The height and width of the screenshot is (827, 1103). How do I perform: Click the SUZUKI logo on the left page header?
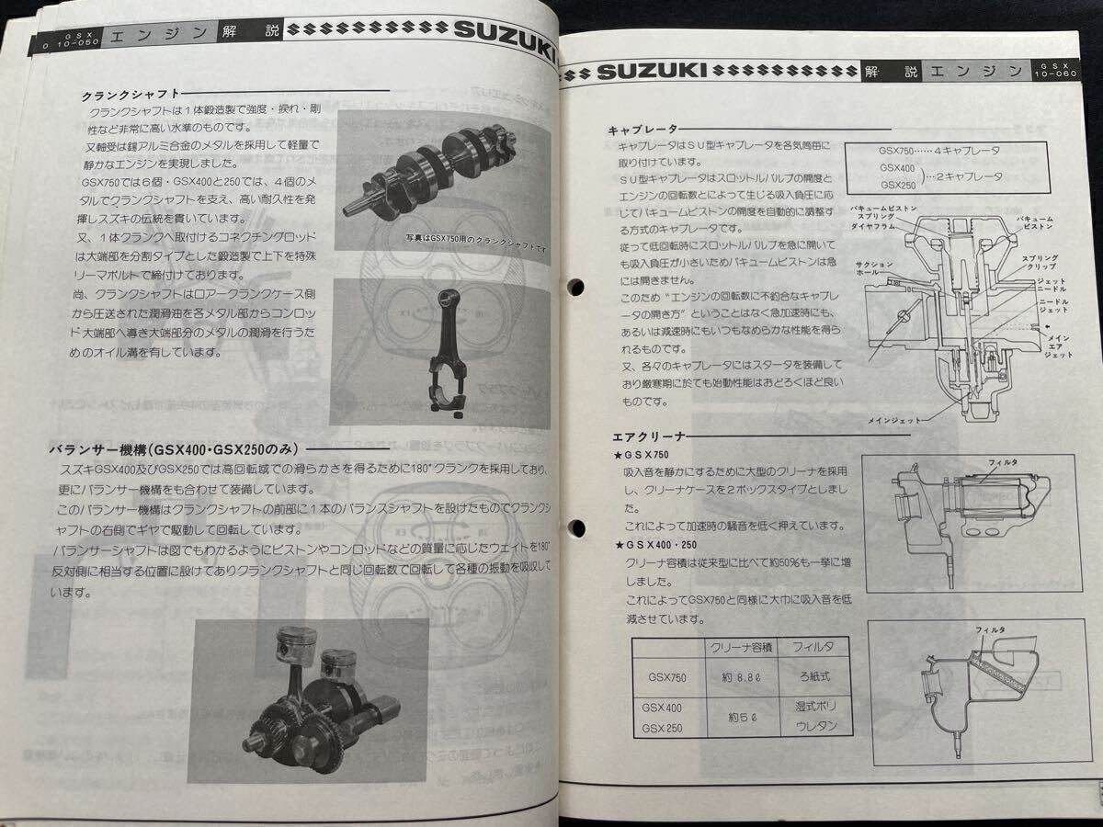(x=505, y=35)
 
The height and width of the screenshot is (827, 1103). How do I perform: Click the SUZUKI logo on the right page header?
(x=652, y=70)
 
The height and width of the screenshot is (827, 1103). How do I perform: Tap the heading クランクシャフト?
(x=125, y=94)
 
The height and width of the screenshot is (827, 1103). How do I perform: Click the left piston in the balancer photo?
(x=290, y=653)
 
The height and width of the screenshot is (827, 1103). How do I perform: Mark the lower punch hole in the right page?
(x=577, y=527)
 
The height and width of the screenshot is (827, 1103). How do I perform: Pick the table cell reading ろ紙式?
(x=813, y=682)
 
